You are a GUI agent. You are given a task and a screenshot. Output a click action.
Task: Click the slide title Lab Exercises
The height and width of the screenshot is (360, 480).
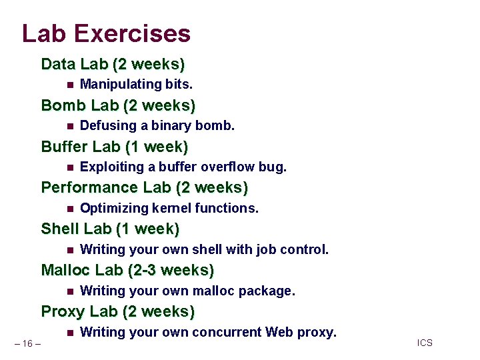106,33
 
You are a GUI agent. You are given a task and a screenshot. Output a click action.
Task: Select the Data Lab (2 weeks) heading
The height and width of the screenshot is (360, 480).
113,65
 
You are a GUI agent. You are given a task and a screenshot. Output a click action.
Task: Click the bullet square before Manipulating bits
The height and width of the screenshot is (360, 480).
70,85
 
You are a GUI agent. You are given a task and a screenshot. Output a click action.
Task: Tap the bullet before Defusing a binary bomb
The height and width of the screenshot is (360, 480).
70,126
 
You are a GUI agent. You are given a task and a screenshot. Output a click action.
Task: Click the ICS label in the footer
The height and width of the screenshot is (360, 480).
425,343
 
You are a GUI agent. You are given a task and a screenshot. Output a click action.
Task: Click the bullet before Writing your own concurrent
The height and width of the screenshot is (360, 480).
70,333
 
